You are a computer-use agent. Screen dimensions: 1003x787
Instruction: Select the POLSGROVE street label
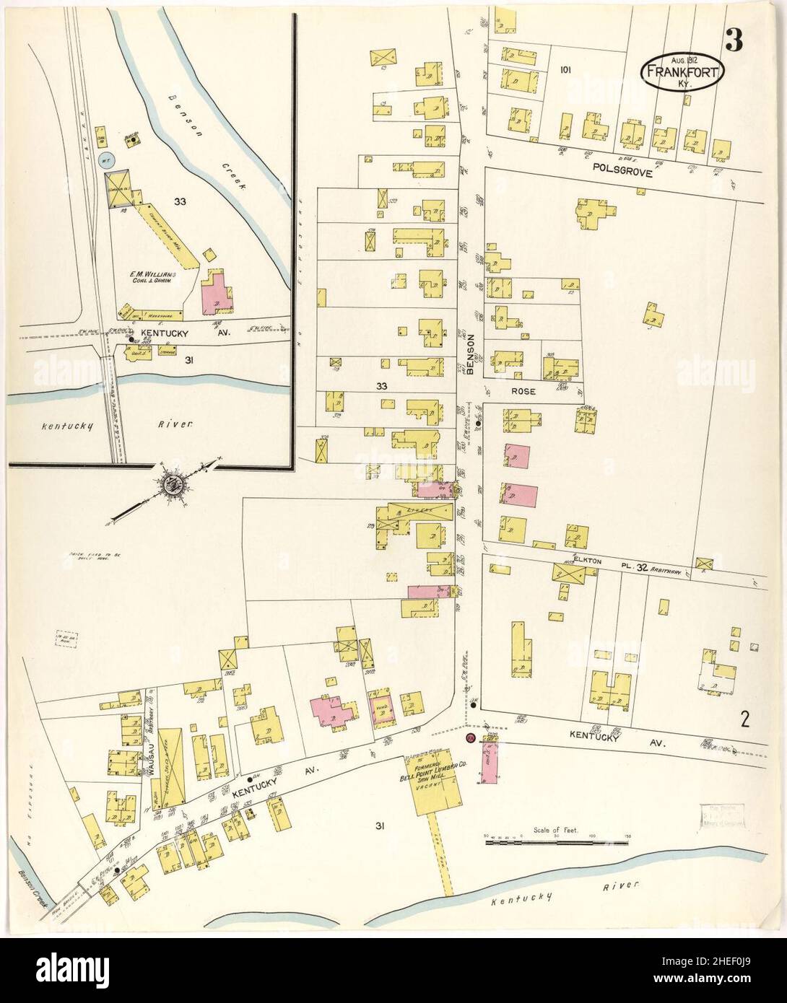621,173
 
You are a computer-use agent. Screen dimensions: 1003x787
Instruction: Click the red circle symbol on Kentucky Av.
470,738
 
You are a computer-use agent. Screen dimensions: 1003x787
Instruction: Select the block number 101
565,70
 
